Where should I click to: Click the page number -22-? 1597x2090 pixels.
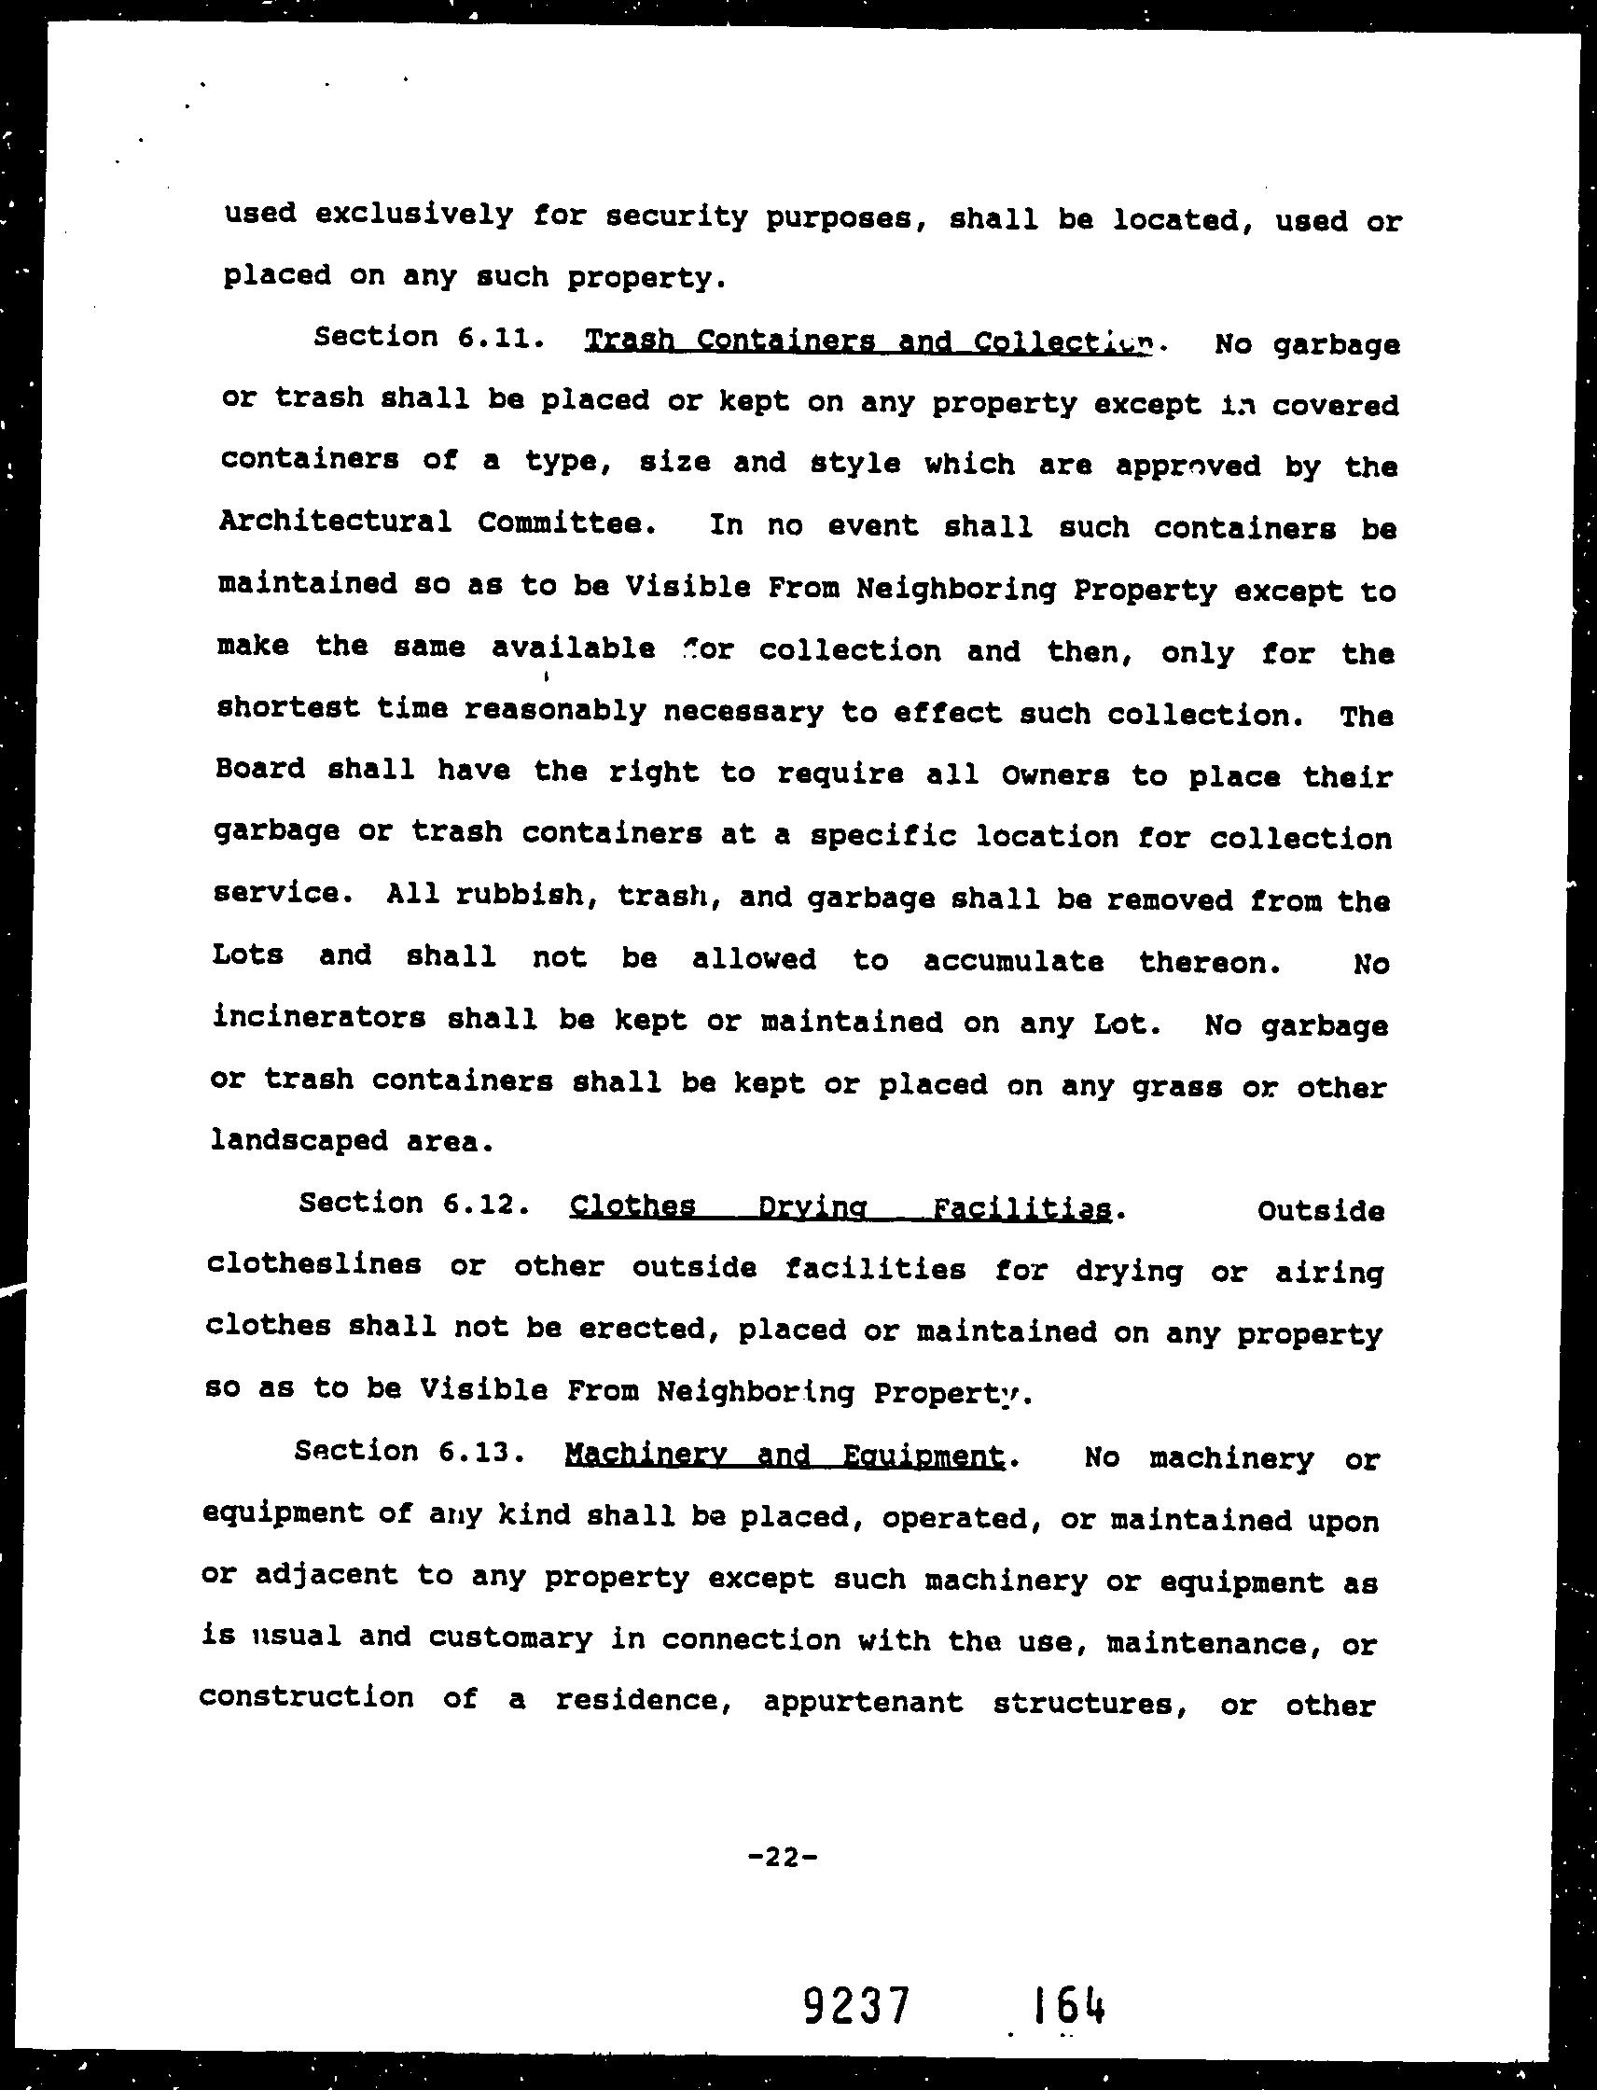click(784, 1855)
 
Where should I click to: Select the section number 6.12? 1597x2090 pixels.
click(485, 1204)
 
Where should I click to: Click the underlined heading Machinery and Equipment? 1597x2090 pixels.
click(785, 1455)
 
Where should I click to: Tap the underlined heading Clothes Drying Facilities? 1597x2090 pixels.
click(840, 1207)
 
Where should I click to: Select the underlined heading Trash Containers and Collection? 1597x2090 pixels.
click(869, 341)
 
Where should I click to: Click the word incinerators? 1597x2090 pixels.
click(319, 1018)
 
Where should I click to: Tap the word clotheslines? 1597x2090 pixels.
click(313, 1264)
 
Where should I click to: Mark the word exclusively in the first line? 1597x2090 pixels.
click(413, 215)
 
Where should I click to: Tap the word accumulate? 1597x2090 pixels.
click(1013, 961)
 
